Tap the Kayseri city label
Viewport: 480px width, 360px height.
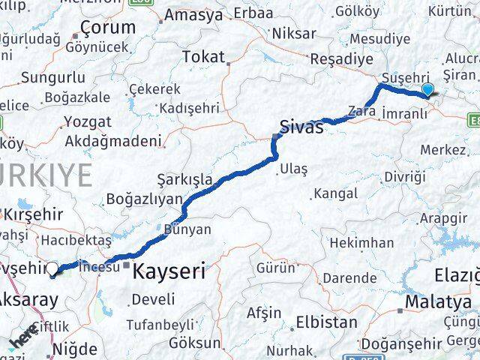pos(169,271)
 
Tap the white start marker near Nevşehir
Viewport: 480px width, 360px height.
pos(54,268)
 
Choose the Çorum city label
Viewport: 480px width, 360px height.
pos(109,28)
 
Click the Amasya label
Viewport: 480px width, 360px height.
pos(193,15)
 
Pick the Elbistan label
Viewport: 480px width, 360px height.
pos(326,323)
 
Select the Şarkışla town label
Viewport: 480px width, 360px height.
pos(184,179)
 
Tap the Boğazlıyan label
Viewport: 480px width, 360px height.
pos(145,199)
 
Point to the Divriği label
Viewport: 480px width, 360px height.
pos(404,177)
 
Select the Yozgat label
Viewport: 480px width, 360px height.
pos(88,121)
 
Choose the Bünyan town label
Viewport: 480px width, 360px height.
pos(187,229)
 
